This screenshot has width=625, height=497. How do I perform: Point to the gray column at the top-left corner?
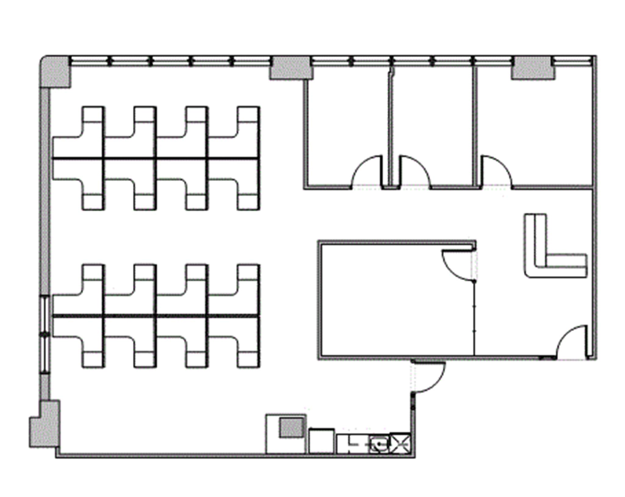(x=54, y=72)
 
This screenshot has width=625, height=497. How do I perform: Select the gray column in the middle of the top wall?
(x=291, y=69)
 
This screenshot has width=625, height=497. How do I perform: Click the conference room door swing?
(x=458, y=264)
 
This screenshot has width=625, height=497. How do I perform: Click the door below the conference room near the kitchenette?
(x=429, y=377)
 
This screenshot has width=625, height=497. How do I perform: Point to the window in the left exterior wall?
(x=45, y=334)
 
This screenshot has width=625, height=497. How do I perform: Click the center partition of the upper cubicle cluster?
(x=156, y=158)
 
